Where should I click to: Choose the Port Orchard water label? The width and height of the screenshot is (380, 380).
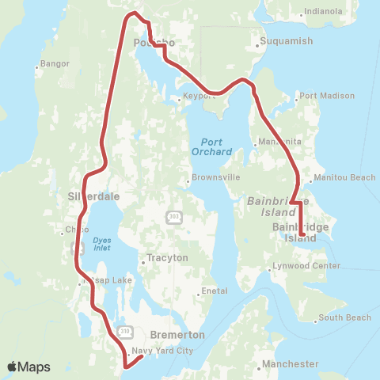click(211, 145)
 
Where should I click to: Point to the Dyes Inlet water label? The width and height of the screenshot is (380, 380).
click(101, 244)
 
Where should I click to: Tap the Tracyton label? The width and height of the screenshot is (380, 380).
click(167, 258)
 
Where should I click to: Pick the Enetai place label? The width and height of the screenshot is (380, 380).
click(215, 291)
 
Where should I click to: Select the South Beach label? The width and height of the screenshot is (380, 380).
click(344, 318)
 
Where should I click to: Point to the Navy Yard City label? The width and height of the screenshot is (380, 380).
click(161, 351)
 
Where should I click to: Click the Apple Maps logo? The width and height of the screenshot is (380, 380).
click(28, 367)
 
